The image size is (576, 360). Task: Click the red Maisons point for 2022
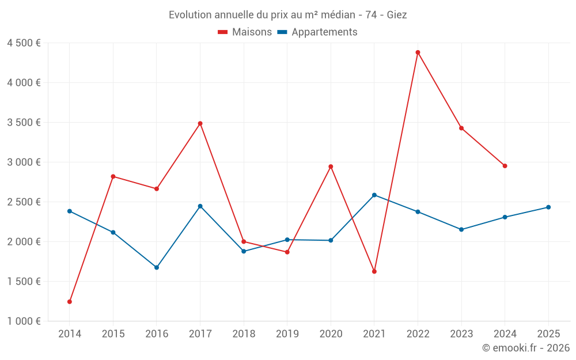click(418, 52)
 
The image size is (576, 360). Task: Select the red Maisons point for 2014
click(70, 302)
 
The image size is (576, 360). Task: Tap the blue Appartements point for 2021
click(374, 195)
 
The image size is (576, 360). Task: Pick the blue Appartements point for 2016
click(157, 267)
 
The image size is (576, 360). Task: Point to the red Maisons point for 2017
click(200, 123)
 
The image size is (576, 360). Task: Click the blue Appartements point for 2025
click(548, 207)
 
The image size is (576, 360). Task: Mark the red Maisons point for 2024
click(505, 166)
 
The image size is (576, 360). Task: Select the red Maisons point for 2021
click(374, 271)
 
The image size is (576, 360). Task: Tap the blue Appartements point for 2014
click(70, 211)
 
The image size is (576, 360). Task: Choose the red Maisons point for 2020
click(331, 166)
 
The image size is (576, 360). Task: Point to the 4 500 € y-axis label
click(24, 43)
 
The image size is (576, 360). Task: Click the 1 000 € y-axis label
click(24, 321)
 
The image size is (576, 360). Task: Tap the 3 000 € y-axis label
click(24, 162)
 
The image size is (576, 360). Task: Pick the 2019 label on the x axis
click(287, 334)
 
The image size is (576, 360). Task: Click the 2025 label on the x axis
click(548, 334)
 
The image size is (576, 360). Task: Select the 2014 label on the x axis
click(70, 334)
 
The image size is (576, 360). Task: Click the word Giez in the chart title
click(397, 15)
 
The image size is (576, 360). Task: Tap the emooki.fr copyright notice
click(525, 348)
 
